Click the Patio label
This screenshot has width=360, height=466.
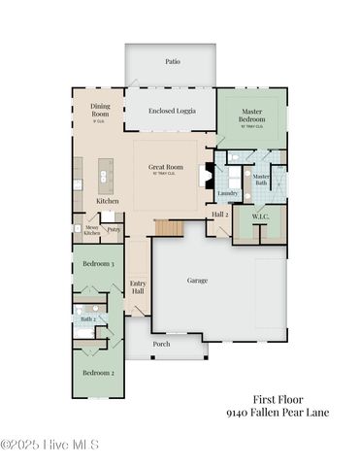pyautogui.click(x=172, y=61)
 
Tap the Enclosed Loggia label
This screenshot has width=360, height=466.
pyautogui.click(x=172, y=111)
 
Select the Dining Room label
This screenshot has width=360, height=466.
pyautogui.click(x=100, y=110)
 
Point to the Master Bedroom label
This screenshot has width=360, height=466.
pyautogui.click(x=252, y=116)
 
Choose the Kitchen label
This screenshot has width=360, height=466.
pyautogui.click(x=107, y=201)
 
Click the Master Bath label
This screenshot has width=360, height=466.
pyautogui.click(x=261, y=179)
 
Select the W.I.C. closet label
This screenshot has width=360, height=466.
pyautogui.click(x=259, y=217)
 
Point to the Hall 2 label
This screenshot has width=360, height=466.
pyautogui.click(x=219, y=214)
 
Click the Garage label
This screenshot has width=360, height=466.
pyautogui.click(x=197, y=280)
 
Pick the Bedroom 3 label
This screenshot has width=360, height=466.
pyautogui.click(x=98, y=263)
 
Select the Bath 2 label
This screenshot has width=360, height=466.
pyautogui.click(x=88, y=317)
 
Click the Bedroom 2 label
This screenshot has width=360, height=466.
pyautogui.click(x=98, y=373)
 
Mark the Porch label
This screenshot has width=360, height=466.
pyautogui.click(x=161, y=343)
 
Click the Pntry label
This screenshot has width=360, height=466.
pyautogui.click(x=114, y=229)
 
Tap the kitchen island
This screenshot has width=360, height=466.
pyautogui.click(x=106, y=175)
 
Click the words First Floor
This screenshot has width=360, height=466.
pyautogui.click(x=277, y=398)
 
